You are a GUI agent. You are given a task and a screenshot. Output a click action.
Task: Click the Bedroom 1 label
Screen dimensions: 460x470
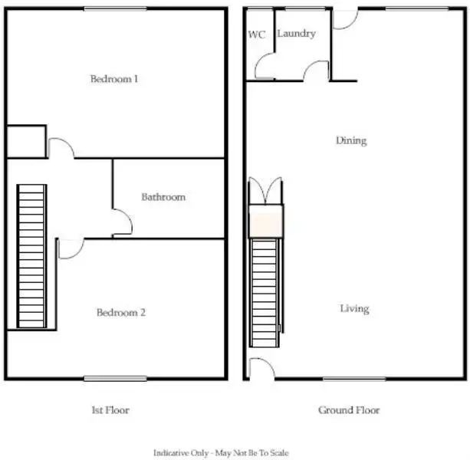pos(114,79)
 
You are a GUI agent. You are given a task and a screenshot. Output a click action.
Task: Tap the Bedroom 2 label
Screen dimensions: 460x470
pos(120,313)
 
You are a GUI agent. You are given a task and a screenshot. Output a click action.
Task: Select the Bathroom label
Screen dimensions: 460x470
pos(163,197)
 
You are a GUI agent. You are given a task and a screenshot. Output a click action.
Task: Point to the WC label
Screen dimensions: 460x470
pos(256,34)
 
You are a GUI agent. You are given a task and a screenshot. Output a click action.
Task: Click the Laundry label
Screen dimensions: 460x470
pos(296,34)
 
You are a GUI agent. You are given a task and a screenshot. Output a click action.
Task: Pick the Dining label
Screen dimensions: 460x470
pos(351,141)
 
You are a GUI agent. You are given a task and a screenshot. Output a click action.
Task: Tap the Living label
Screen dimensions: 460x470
pos(354,309)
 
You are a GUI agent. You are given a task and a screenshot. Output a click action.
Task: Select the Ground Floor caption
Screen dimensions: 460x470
pos(349,410)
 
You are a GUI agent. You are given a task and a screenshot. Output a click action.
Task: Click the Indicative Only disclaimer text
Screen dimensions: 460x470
pos(221,453)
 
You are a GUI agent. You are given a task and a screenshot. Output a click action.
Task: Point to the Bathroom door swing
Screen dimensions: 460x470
pos(123,224)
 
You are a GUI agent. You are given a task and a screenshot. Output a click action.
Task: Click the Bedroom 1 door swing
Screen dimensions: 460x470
pos(61,148)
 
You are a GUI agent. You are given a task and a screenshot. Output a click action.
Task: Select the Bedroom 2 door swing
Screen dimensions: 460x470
pos(70,248)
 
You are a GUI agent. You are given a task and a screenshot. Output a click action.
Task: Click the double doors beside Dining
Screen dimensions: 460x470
pos(265,191)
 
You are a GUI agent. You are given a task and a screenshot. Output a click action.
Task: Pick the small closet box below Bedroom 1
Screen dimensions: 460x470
pos(26,141)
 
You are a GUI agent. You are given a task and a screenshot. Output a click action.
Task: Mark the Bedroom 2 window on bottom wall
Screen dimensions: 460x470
pos(115,378)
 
